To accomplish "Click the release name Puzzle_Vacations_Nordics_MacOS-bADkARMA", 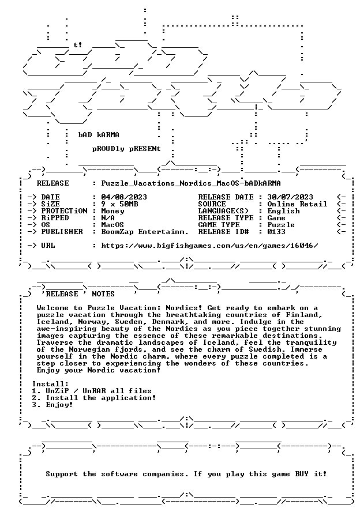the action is tap(191, 183).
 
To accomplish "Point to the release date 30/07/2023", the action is tap(290, 197).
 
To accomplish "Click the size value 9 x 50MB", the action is tap(119, 204).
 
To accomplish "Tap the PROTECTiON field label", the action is tap(65, 211).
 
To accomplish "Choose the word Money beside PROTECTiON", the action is tap(112, 211).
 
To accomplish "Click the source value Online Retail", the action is tap(297, 204).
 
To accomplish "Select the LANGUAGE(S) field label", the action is tap(223, 211).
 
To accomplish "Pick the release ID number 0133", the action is tap(276, 232).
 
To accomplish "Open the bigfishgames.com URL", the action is tap(209, 246).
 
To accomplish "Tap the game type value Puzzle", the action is tap(281, 225).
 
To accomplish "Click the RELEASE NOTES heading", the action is tap(80, 294).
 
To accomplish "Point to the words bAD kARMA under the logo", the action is tap(99, 135).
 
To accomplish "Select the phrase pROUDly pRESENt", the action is tap(126, 149).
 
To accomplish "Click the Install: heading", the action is tap(51, 384).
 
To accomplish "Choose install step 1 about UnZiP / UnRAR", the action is tap(92, 391).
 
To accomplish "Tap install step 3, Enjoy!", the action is tap(52, 405).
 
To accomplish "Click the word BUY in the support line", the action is tap(302, 474).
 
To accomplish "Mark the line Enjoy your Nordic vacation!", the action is tap(99, 370).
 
